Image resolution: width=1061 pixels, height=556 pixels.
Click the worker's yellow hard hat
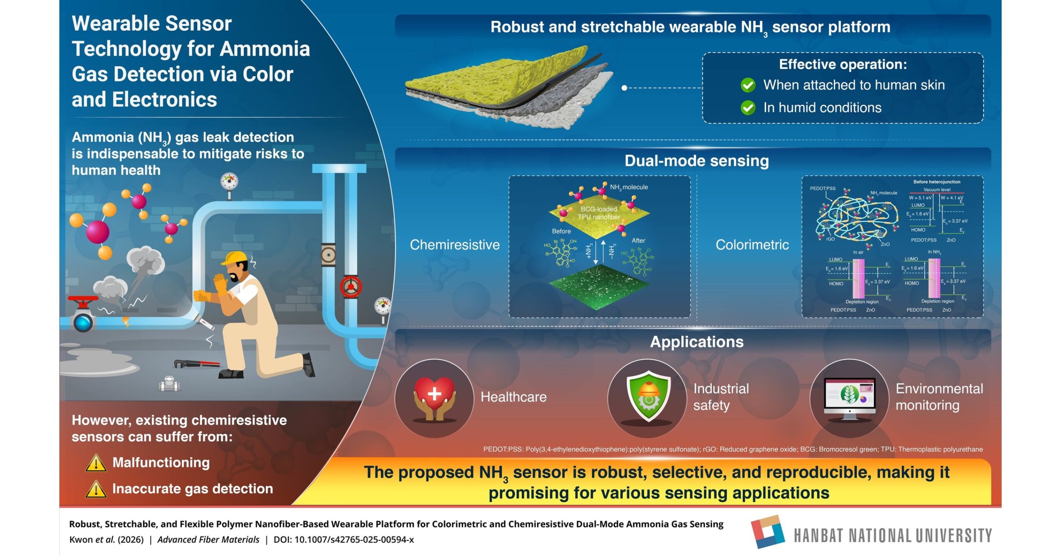pos(235,257)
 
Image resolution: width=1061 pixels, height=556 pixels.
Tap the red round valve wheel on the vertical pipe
pos(351,286)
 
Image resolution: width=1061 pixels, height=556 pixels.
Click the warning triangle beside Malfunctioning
pos(96,463)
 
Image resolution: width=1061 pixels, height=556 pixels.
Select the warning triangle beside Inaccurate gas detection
pos(96,489)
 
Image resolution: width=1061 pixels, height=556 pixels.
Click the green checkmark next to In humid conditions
pos(748,108)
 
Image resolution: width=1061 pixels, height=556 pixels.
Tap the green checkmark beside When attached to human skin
pos(748,85)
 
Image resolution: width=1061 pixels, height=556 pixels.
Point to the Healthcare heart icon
pos(434,396)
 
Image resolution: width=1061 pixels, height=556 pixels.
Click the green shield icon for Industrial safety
pos(648,396)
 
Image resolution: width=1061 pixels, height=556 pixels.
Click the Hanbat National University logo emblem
pos(768,532)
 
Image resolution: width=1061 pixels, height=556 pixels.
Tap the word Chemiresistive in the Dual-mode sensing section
pos(455,245)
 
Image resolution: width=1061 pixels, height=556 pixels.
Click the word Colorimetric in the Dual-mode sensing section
pos(752,245)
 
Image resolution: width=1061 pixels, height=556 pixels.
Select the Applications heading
pos(697,342)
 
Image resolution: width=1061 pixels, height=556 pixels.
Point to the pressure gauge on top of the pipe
pos(229,182)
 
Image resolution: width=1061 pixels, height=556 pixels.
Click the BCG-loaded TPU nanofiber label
pos(598,213)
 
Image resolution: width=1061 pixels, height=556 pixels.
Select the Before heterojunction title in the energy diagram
pos(936,182)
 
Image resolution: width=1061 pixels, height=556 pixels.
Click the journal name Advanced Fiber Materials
pos(208,539)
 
